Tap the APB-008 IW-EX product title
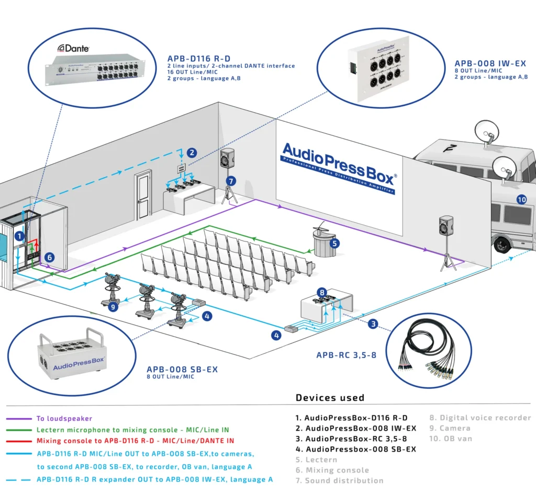point(490,64)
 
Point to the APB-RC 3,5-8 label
point(346,355)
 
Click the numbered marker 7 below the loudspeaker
point(231,180)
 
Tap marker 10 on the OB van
point(521,199)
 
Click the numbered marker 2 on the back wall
point(192,153)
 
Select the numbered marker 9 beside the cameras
point(113,307)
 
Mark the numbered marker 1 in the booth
point(19,236)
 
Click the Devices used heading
point(330,398)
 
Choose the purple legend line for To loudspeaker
point(18,418)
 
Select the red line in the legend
point(18,441)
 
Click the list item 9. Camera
point(450,428)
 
